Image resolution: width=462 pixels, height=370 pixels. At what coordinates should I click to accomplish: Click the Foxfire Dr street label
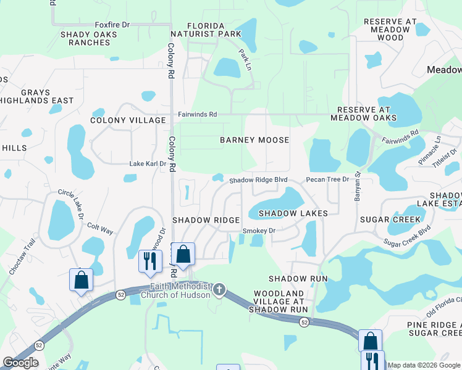112,25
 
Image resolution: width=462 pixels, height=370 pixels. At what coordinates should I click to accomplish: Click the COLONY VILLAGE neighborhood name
128,121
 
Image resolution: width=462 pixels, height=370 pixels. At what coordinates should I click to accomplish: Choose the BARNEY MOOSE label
254,140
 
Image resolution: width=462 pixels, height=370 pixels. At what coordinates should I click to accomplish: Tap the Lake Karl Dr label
147,164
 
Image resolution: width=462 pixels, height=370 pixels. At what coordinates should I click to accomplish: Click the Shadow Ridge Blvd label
259,180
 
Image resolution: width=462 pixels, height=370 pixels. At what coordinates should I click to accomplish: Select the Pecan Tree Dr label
328,179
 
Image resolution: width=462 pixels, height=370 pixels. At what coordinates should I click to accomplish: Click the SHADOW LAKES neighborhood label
293,213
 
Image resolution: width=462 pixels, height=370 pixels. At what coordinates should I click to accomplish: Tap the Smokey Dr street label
258,231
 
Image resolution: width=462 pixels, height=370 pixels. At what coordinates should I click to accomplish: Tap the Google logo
21,363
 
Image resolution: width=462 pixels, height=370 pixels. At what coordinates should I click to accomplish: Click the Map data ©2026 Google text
424,365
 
